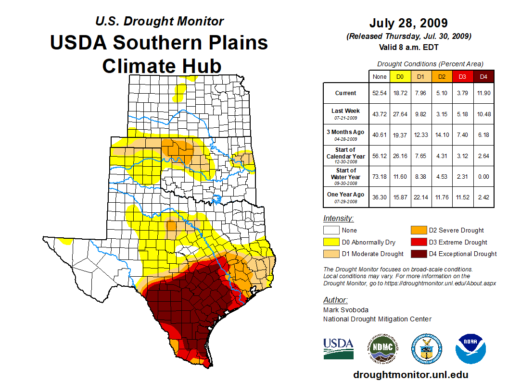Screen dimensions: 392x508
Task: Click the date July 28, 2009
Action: click(x=408, y=23)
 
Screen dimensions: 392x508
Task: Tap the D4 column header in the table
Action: click(x=483, y=77)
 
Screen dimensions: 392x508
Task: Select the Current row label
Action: click(x=346, y=93)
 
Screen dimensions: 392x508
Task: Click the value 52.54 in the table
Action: click(x=380, y=93)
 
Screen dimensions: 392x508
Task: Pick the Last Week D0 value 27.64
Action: click(x=400, y=114)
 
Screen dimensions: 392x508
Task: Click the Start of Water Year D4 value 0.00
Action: click(x=483, y=176)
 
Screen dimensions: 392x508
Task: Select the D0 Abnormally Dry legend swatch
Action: click(x=330, y=242)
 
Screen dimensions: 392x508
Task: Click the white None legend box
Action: click(x=330, y=231)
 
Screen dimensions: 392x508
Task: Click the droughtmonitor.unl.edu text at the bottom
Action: click(x=410, y=375)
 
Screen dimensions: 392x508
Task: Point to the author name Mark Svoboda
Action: click(x=346, y=310)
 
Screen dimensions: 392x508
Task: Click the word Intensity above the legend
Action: click(x=338, y=219)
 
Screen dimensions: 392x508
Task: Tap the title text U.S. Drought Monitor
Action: click(x=159, y=22)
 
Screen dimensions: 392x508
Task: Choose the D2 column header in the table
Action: click(x=442, y=77)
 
